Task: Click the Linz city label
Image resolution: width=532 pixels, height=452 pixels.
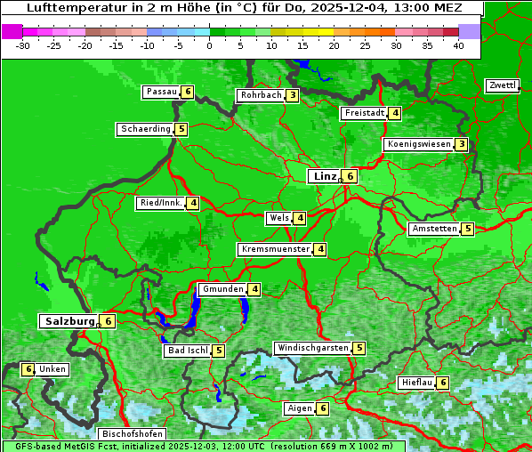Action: (x=324, y=176)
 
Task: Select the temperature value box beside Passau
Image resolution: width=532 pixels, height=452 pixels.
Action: (x=188, y=92)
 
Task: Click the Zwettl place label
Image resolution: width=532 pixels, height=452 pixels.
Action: (x=502, y=85)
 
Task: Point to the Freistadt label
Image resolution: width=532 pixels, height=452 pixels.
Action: (x=364, y=113)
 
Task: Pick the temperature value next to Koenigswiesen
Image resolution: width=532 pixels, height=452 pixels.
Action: (x=461, y=144)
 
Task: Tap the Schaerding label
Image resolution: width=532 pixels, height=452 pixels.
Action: (x=146, y=129)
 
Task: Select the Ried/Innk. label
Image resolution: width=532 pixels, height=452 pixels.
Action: (x=160, y=203)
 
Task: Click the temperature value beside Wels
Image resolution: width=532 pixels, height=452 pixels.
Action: (x=301, y=218)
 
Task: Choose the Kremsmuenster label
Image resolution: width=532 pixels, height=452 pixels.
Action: (x=275, y=249)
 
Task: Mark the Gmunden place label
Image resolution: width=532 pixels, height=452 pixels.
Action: (x=222, y=289)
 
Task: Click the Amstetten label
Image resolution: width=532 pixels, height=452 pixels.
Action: (x=434, y=229)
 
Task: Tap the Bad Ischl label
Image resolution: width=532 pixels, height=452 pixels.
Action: (x=187, y=351)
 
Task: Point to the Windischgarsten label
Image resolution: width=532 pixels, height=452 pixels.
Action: (x=311, y=348)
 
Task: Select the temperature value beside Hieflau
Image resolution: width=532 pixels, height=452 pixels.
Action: (x=443, y=383)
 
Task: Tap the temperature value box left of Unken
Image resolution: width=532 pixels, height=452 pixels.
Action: (x=28, y=369)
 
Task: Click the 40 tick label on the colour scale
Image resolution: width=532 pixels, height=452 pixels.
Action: (x=458, y=46)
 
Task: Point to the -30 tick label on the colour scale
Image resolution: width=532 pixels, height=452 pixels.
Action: (x=23, y=46)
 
